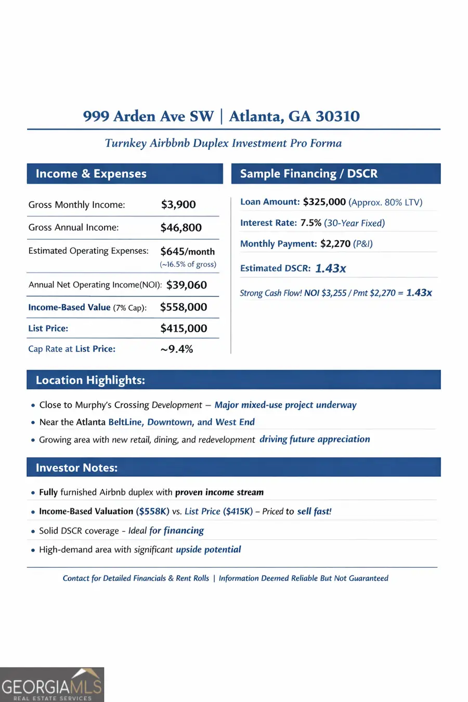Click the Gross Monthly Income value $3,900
click(178, 204)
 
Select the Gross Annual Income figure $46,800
click(181, 227)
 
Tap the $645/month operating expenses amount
click(187, 251)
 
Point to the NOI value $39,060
click(187, 285)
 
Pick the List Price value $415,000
click(184, 328)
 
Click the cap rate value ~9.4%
click(177, 349)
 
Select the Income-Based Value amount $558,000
click(184, 307)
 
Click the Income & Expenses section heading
click(91, 174)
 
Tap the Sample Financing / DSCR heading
click(309, 174)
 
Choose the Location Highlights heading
click(90, 380)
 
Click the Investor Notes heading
click(76, 467)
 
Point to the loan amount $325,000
click(324, 202)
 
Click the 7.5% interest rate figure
click(311, 223)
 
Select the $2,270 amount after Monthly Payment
click(335, 243)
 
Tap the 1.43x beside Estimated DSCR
click(331, 268)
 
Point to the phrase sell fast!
click(314, 511)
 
